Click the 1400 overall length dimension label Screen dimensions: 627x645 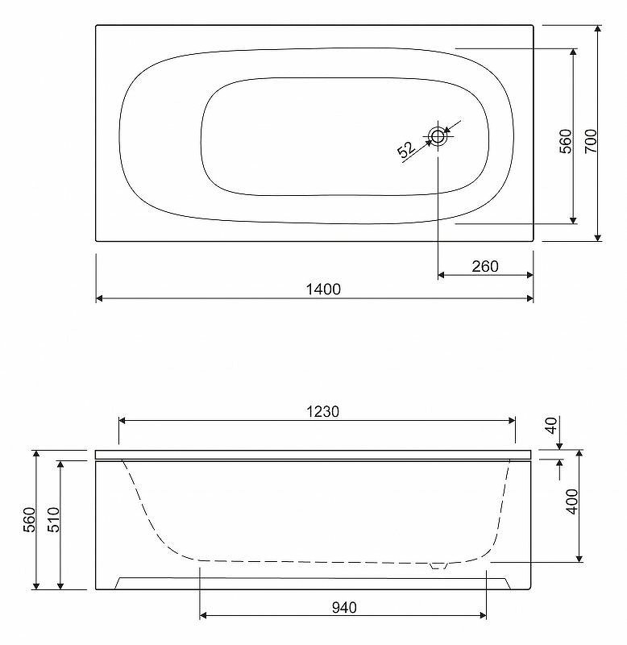pos(323,289)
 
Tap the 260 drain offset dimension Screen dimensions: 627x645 pos(485,267)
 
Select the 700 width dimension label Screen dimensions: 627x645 pos(591,141)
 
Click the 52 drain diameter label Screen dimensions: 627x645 pos(406,149)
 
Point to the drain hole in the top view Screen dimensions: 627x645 pos(438,135)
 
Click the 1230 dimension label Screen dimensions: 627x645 pos(322,412)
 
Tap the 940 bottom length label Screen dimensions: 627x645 pos(344,608)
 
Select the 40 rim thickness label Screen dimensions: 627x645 pos(551,426)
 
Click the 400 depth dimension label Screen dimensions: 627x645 pos(572,501)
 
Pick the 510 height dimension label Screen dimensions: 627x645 pos(54,519)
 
